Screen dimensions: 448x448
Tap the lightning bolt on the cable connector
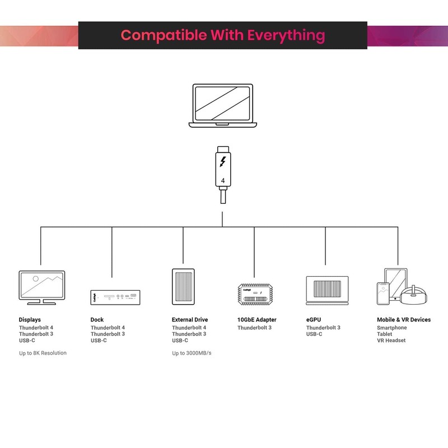point(223,162)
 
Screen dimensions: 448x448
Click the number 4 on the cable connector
point(223,181)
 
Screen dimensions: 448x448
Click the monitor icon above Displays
point(41,287)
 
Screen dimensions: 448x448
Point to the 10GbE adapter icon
point(254,294)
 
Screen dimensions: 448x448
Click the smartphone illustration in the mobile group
point(384,293)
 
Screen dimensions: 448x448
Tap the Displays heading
point(30,320)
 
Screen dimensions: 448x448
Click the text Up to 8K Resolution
point(43,353)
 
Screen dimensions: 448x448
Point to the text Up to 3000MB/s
point(192,353)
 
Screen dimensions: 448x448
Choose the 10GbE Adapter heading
point(257,320)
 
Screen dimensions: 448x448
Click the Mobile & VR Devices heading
point(404,320)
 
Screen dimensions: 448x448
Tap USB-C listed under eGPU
point(314,334)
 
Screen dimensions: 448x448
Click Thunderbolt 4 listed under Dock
point(108,328)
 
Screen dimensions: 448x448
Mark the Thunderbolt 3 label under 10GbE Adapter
point(254,328)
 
